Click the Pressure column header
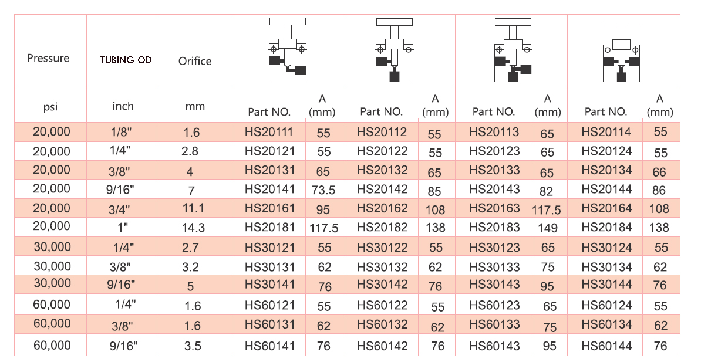pos(48,58)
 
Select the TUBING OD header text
pos(126,60)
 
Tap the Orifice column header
pos(195,61)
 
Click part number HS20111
pos(269,132)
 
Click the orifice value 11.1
pos(191,209)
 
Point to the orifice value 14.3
pos(191,228)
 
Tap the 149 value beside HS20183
pos(548,228)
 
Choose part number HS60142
pos(382,346)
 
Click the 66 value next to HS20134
pos(660,171)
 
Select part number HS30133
pos(494,267)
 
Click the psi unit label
pos(50,107)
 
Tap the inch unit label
pos(123,106)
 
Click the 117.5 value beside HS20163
pos(547,209)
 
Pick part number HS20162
pos(382,208)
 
